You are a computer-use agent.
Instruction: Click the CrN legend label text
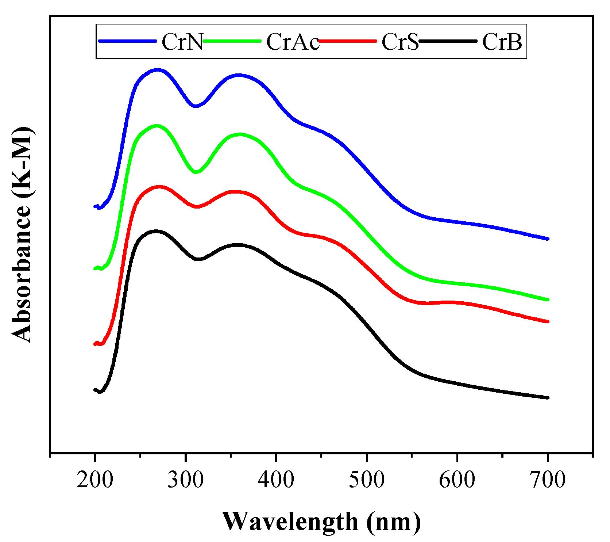click(x=182, y=42)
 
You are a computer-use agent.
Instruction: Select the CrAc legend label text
click(x=293, y=42)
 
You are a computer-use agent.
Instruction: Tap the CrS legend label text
click(x=400, y=42)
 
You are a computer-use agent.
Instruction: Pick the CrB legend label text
click(x=502, y=42)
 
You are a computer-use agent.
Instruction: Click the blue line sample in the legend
click(x=127, y=41)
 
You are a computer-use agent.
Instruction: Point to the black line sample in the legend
click(x=448, y=41)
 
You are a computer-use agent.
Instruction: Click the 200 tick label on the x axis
click(x=95, y=480)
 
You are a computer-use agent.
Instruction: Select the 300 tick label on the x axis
click(x=185, y=480)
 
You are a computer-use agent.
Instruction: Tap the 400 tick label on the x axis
click(x=276, y=480)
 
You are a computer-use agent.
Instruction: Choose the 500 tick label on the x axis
click(x=366, y=480)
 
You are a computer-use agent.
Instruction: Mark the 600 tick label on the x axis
click(x=457, y=480)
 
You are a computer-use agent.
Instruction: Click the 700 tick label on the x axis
click(x=547, y=480)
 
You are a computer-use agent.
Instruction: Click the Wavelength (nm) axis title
click(x=321, y=522)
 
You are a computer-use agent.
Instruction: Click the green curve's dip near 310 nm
click(x=196, y=171)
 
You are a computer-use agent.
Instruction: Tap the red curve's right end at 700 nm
click(x=547, y=321)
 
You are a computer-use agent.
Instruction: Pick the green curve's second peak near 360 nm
click(x=240, y=134)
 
